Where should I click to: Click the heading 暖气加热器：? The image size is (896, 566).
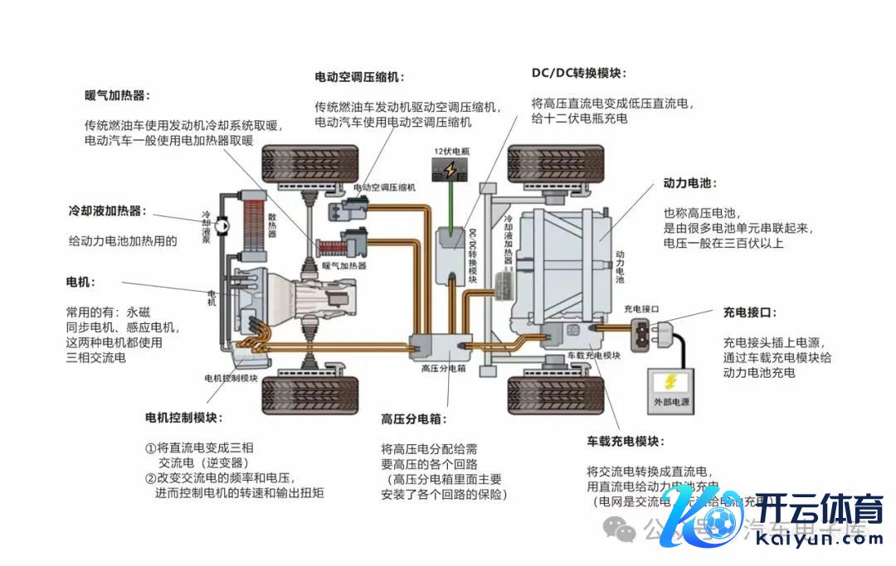coord(117,95)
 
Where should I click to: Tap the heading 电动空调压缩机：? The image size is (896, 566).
coord(359,77)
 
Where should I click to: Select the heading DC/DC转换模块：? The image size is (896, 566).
coord(578,73)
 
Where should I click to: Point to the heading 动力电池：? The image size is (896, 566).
coord(689,183)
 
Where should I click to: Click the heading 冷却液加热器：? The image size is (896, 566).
coord(107,211)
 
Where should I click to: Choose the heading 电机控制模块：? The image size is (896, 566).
coord(183,417)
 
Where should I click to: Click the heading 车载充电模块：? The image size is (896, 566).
coord(626,441)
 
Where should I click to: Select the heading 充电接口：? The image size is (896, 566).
coord(750,312)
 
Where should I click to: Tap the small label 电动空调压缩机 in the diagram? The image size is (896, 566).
coord(384,188)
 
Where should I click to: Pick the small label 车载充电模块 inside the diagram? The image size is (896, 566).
coord(593,355)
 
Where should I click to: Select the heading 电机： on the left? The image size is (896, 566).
coord(80,282)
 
